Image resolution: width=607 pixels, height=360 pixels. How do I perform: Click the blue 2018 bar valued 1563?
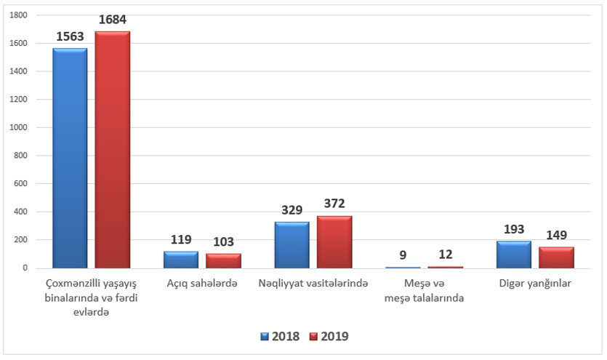point(70,158)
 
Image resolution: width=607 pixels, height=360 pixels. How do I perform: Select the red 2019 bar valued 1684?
point(112,149)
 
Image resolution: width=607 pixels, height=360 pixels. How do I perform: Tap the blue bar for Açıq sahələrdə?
point(181,260)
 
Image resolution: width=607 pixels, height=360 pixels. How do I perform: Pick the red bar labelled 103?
point(223,261)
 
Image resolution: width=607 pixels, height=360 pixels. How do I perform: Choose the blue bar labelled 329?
point(292,245)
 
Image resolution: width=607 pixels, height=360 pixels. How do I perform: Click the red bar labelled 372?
point(334,242)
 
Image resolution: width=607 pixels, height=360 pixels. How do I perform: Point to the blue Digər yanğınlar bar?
point(514,255)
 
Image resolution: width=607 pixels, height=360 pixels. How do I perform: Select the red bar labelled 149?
point(556,257)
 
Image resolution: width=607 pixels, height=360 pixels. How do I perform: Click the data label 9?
point(403,255)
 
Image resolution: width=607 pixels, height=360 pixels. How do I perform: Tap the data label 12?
point(446,255)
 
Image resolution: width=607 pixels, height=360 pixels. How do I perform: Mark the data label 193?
point(514,229)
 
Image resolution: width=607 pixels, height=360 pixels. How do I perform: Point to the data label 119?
point(181,239)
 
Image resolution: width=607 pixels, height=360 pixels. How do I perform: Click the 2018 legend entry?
point(281,337)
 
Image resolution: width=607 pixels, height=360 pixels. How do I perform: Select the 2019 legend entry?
point(329,337)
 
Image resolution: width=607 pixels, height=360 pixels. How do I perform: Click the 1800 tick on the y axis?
point(18,15)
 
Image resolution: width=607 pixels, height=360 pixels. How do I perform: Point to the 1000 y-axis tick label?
point(18,127)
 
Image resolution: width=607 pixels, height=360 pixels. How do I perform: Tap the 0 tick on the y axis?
point(25,268)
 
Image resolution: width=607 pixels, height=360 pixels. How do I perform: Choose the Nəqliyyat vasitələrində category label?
point(313,284)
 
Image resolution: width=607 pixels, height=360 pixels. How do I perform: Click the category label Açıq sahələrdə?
point(202,284)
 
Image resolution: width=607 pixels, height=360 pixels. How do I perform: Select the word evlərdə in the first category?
point(91,313)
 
